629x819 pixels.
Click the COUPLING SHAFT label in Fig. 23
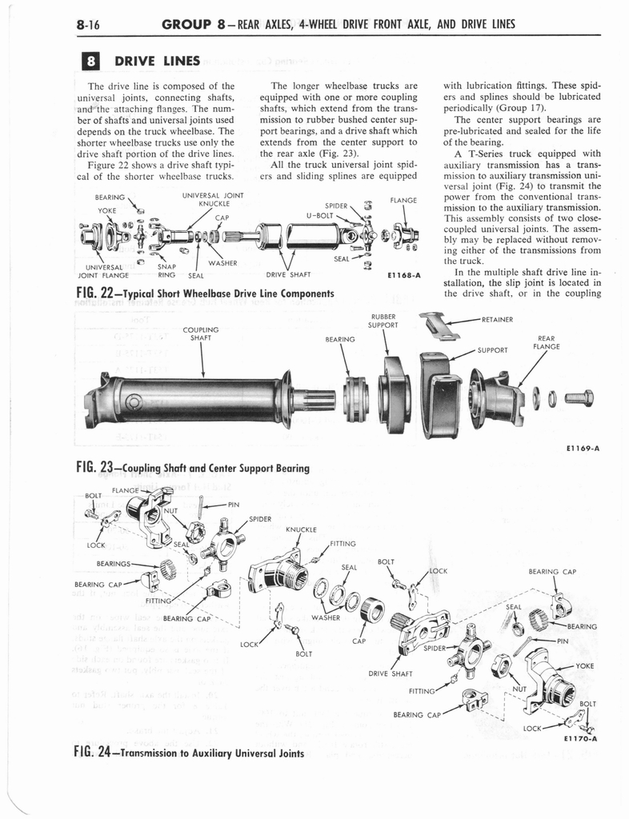pyautogui.click(x=201, y=332)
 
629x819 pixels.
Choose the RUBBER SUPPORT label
pyautogui.click(x=383, y=320)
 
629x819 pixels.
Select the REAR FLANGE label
pyautogui.click(x=547, y=342)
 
